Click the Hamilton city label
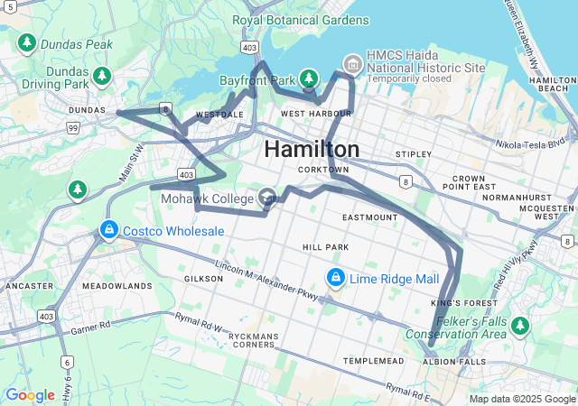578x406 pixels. tap(312, 149)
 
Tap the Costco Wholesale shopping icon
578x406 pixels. tap(109, 231)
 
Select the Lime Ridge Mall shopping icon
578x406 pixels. tap(336, 278)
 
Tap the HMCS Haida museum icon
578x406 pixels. tap(352, 63)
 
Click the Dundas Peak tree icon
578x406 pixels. tap(27, 43)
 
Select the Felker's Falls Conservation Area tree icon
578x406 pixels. tap(519, 324)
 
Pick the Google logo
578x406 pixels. tap(30, 394)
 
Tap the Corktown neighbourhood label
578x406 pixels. tap(322, 170)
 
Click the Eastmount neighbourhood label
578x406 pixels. tap(369, 217)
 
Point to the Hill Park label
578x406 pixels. tap(325, 246)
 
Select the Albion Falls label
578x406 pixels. tap(453, 361)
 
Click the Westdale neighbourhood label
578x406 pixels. tap(219, 115)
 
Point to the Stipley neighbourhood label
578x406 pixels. tap(413, 154)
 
